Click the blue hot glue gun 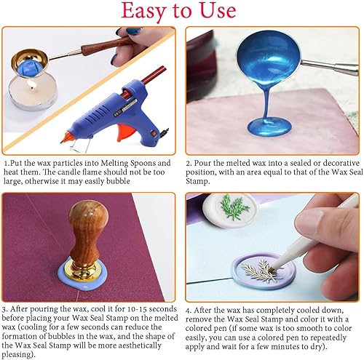101,110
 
